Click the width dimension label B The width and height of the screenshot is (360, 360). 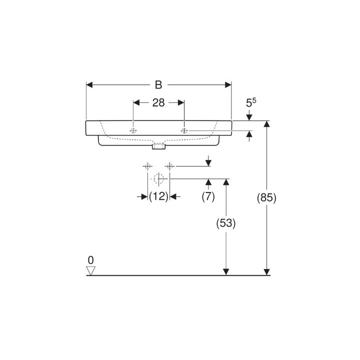[x=158, y=85]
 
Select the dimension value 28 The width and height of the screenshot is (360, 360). [x=158, y=103]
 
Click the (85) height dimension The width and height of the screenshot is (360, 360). [x=266, y=197]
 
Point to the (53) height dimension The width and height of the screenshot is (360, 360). [x=226, y=223]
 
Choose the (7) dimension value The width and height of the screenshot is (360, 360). [x=208, y=196]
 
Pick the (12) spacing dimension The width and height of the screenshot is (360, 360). [x=158, y=196]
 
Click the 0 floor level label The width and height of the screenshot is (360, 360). [x=90, y=260]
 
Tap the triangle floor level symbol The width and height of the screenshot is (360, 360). [x=90, y=270]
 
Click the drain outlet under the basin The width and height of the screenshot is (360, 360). [x=158, y=146]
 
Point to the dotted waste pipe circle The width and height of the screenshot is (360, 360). [x=159, y=178]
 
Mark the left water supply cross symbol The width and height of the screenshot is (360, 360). [x=147, y=165]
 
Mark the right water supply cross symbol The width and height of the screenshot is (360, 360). [x=170, y=165]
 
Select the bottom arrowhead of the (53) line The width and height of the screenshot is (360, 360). [x=226, y=271]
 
